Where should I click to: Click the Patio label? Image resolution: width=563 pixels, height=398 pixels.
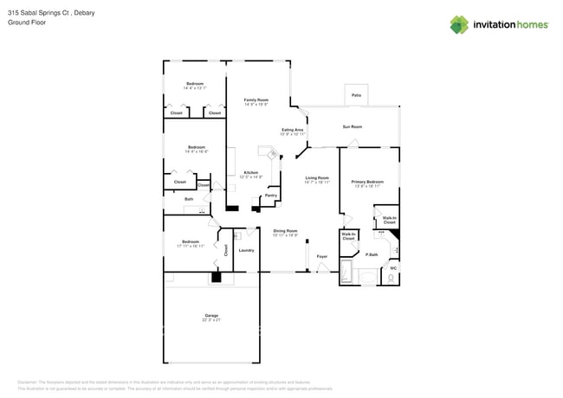point(356,95)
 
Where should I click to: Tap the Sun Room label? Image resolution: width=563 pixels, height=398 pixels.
point(352,126)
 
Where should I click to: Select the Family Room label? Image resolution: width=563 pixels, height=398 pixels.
point(256,99)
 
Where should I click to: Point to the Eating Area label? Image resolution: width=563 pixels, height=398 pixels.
point(292,130)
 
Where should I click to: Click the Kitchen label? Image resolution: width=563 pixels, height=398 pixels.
point(250,172)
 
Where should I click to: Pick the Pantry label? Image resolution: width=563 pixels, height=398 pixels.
point(270,196)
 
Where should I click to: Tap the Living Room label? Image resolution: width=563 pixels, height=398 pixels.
point(317,178)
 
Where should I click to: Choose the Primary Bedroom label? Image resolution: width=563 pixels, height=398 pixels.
point(367,182)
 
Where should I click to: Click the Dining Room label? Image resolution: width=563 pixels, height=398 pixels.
point(285,231)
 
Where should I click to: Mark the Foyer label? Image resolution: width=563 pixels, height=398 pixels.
point(321,257)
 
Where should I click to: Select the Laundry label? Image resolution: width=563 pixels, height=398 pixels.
point(246,250)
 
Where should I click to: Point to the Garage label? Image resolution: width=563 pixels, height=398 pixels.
point(211,315)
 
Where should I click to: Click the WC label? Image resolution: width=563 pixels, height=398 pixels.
point(392,267)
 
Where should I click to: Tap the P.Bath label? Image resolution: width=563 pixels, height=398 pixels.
point(371,254)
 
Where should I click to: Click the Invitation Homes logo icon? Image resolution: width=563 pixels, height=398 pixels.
point(460,24)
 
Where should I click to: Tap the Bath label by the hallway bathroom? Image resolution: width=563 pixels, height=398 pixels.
point(189,199)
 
